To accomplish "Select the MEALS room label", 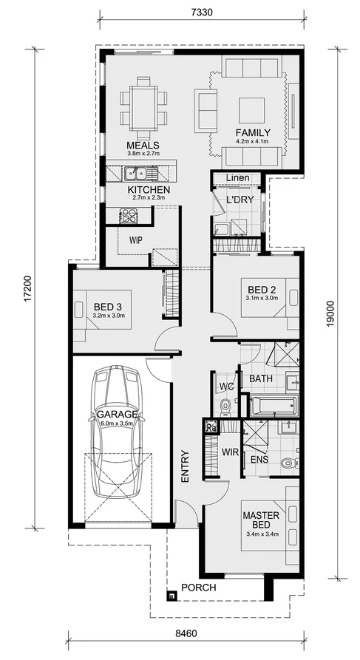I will click(143, 145).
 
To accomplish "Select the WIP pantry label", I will click(135, 240).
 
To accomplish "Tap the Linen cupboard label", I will click(237, 178).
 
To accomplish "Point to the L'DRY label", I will click(240, 200).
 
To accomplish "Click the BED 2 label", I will click(261, 289).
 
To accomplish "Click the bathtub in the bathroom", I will click(273, 406).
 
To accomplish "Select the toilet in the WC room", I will click(225, 405).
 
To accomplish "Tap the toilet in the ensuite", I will click(287, 463).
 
